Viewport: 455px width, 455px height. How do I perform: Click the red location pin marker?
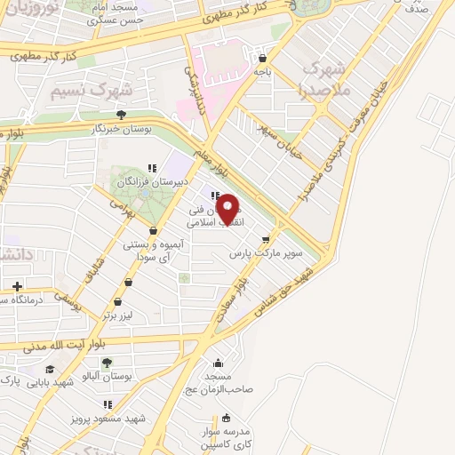click(229, 208)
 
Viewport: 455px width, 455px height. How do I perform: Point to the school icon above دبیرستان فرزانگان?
click(152, 166)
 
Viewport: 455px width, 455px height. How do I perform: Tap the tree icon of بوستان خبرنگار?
click(121, 114)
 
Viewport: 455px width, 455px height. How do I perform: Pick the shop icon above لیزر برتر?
click(129, 283)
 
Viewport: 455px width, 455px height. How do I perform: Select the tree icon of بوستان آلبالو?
click(107, 363)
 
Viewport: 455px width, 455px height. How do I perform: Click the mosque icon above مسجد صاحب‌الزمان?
click(219, 362)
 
